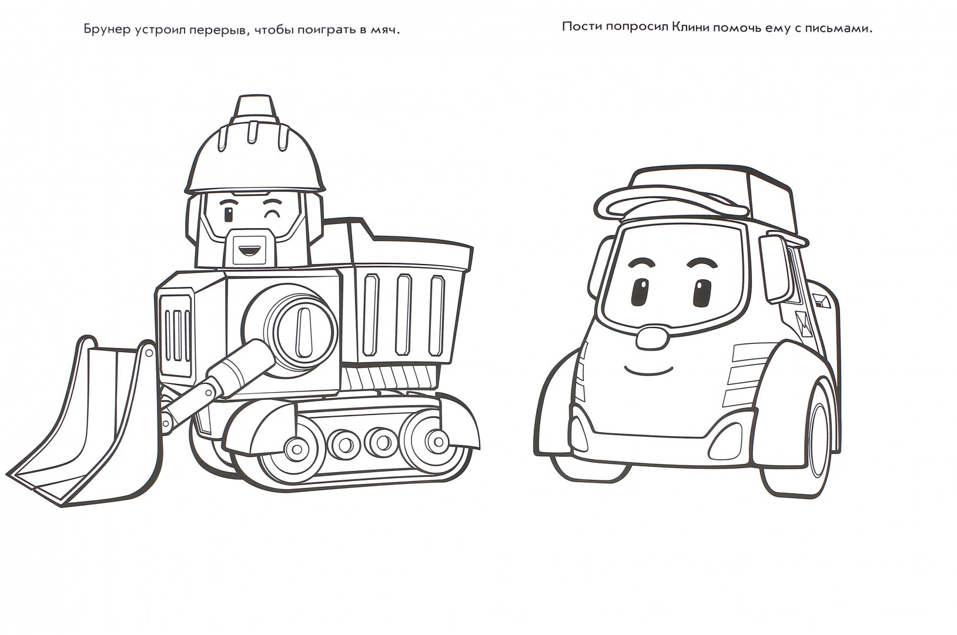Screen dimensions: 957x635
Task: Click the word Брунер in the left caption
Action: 107,31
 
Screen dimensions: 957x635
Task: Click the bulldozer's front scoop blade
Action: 85,427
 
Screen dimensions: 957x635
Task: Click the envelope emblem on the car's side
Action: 798,325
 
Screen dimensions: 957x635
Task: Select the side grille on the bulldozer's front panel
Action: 178,335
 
